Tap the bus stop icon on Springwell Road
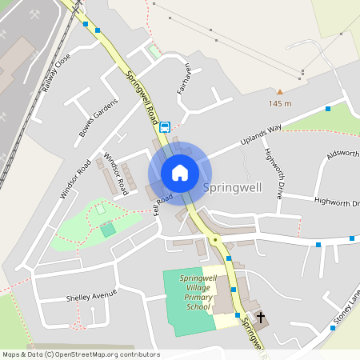pyautogui.click(x=165, y=126)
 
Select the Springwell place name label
pyautogui.click(x=232, y=187)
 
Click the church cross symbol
pyautogui.click(x=261, y=318)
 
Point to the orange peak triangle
pyautogui.click(x=280, y=92)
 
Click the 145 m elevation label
pyautogui.click(x=280, y=104)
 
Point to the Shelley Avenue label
pyautogui.click(x=92, y=296)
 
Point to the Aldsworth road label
pyautogui.click(x=342, y=154)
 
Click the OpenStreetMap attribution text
pyautogui.click(x=70, y=354)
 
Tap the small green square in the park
pyautogui.click(x=107, y=230)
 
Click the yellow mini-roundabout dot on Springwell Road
pyautogui.click(x=214, y=239)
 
